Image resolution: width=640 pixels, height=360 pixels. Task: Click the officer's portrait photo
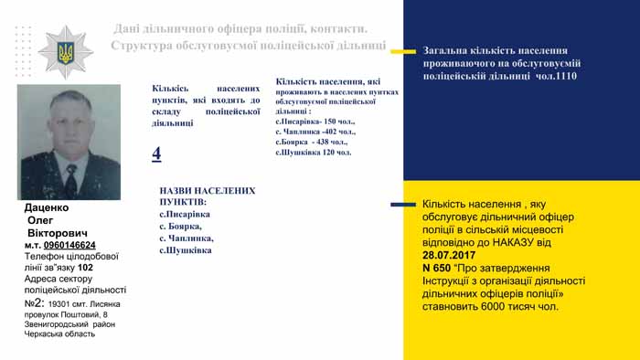pyautogui.click(x=69, y=142)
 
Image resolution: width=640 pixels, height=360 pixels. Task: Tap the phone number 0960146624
pyautogui.click(x=69, y=245)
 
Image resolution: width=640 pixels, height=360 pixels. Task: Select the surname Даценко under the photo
pyautogui.click(x=48, y=208)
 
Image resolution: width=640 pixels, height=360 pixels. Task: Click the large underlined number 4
pyautogui.click(x=156, y=154)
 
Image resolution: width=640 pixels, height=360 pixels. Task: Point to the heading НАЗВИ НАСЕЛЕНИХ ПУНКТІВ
pyautogui.click(x=207, y=196)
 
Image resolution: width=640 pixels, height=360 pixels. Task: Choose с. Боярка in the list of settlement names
pyautogui.click(x=180, y=226)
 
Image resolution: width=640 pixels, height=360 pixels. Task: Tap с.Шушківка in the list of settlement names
pyautogui.click(x=186, y=249)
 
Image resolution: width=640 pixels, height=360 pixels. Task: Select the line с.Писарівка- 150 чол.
pyautogui.click(x=315, y=121)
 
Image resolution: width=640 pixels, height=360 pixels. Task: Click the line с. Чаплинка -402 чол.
pyautogui.click(x=315, y=132)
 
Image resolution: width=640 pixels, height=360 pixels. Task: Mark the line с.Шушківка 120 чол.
pyautogui.click(x=313, y=153)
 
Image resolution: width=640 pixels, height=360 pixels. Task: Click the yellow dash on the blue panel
pyautogui.click(x=403, y=51)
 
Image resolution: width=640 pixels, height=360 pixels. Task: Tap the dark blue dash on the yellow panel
pyautogui.click(x=403, y=204)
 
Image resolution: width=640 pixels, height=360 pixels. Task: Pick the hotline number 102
pyautogui.click(x=85, y=268)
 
